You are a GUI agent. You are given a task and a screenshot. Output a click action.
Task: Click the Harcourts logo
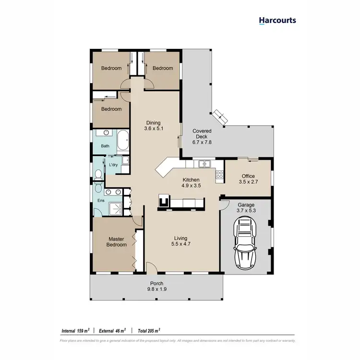(x=277, y=20)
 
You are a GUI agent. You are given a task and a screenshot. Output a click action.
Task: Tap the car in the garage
(x=246, y=243)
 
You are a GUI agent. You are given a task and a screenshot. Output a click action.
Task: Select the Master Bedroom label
(x=117, y=241)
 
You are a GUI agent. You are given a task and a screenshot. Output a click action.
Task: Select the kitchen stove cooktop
(x=220, y=175)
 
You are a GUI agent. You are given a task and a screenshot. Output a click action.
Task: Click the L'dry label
(x=114, y=165)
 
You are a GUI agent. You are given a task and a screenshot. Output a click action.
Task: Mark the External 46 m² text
(x=112, y=331)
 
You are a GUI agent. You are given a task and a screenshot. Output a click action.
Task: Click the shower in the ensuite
(x=116, y=208)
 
